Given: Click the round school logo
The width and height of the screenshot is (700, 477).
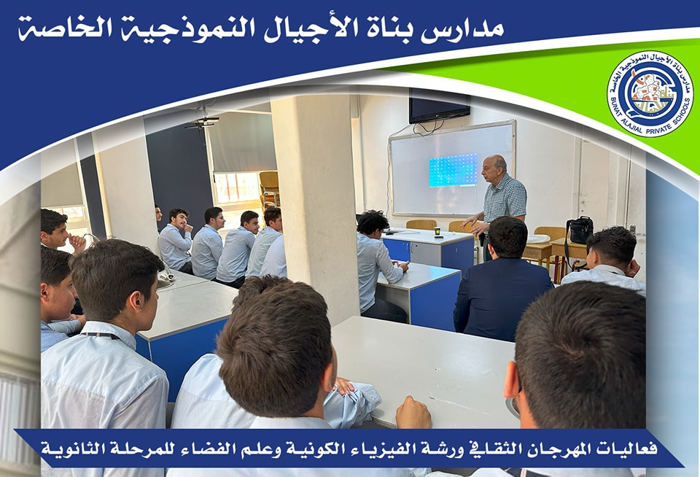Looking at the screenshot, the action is pyautogui.click(x=650, y=93).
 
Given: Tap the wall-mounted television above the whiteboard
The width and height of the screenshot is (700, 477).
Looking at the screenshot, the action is pyautogui.click(x=439, y=106).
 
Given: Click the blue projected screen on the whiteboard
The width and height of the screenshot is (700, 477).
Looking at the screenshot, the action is pyautogui.click(x=453, y=170).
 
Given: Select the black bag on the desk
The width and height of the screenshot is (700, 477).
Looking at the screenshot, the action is pyautogui.click(x=580, y=231).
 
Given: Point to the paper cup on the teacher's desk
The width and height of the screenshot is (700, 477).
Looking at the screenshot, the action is pyautogui.click(x=437, y=232).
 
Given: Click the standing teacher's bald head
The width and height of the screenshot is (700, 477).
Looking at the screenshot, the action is pyautogui.click(x=494, y=166).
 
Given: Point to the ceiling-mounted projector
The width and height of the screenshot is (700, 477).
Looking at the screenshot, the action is pyautogui.click(x=202, y=122).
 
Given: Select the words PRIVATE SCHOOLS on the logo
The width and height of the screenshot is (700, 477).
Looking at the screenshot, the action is pyautogui.click(x=666, y=114).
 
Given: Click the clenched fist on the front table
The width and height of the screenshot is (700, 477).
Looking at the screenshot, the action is pyautogui.click(x=413, y=412).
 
